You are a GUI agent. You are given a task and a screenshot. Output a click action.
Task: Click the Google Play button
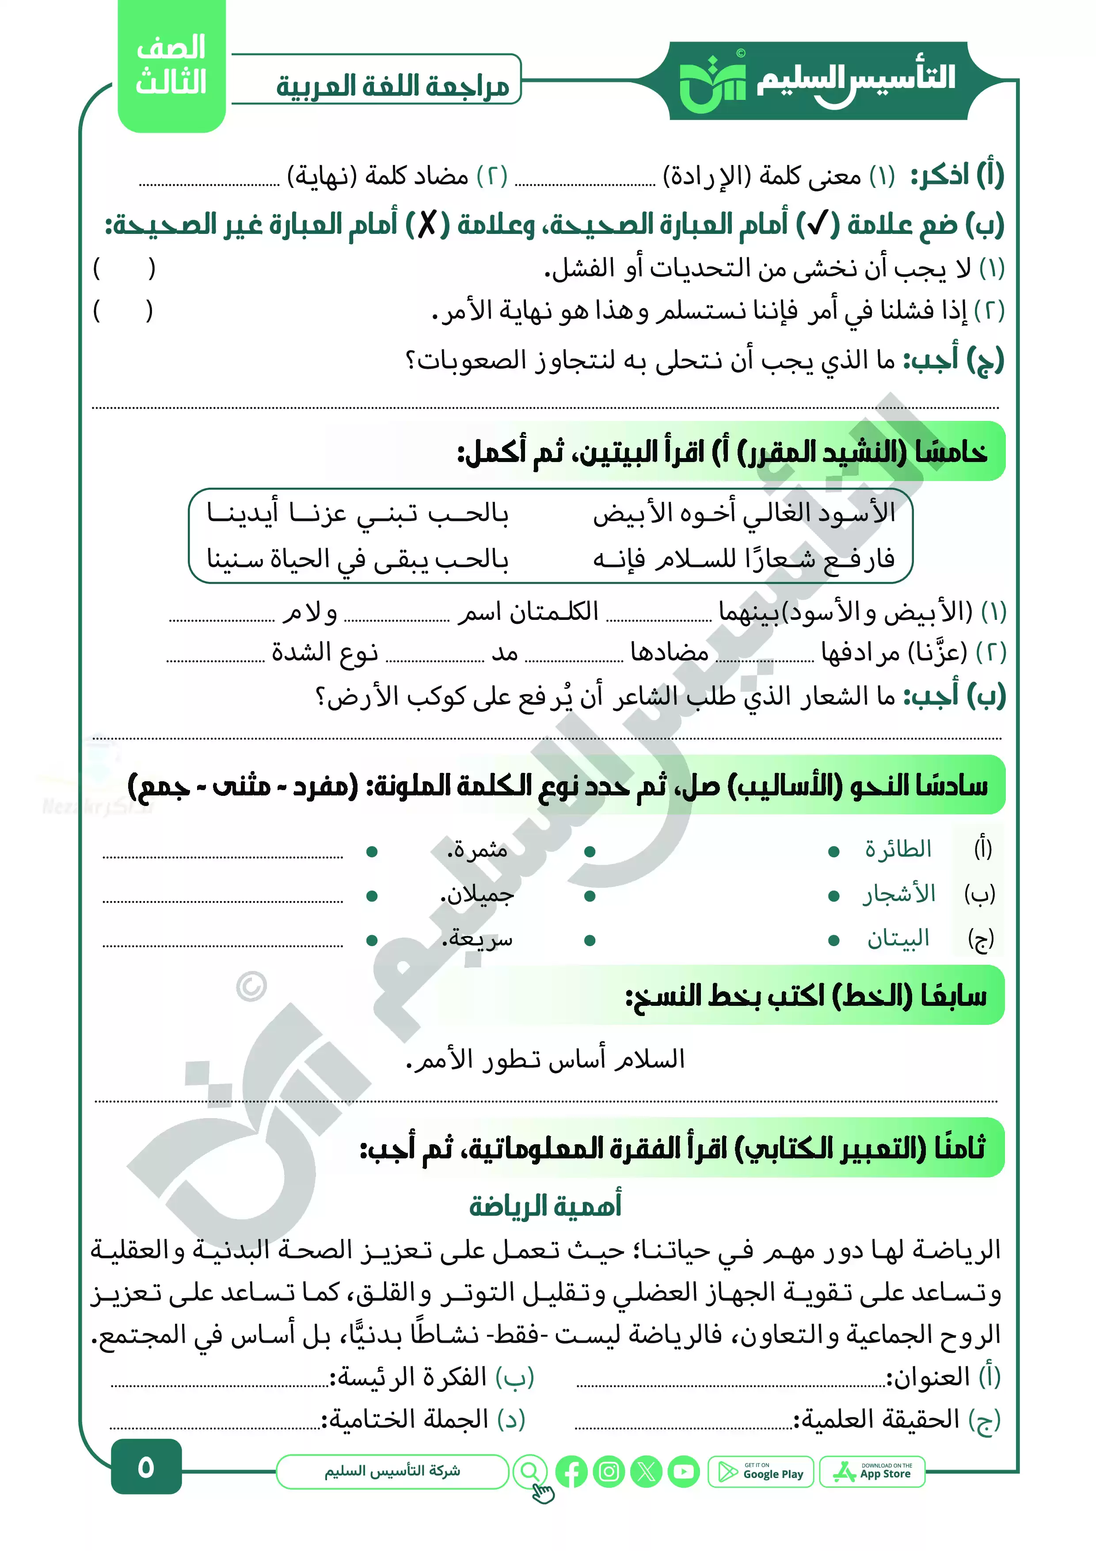tap(761, 1472)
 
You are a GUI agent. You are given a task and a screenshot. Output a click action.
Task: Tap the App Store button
tap(872, 1472)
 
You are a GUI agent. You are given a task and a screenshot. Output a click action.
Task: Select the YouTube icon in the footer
tap(684, 1472)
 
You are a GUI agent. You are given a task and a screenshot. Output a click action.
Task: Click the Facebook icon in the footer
tap(571, 1472)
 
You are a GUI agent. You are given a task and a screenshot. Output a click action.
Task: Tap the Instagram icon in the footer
tap(609, 1472)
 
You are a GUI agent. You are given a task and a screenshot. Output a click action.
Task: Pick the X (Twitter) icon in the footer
tap(646, 1472)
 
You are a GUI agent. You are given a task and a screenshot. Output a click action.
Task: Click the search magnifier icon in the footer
tap(530, 1471)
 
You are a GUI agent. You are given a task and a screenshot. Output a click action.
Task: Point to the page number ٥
tap(146, 1467)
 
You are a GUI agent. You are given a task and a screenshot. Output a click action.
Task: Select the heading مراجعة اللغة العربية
tap(392, 86)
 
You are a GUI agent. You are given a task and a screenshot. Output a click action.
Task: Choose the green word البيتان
tap(898, 938)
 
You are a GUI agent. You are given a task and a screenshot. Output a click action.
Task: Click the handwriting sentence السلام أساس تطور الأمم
tap(546, 1059)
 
